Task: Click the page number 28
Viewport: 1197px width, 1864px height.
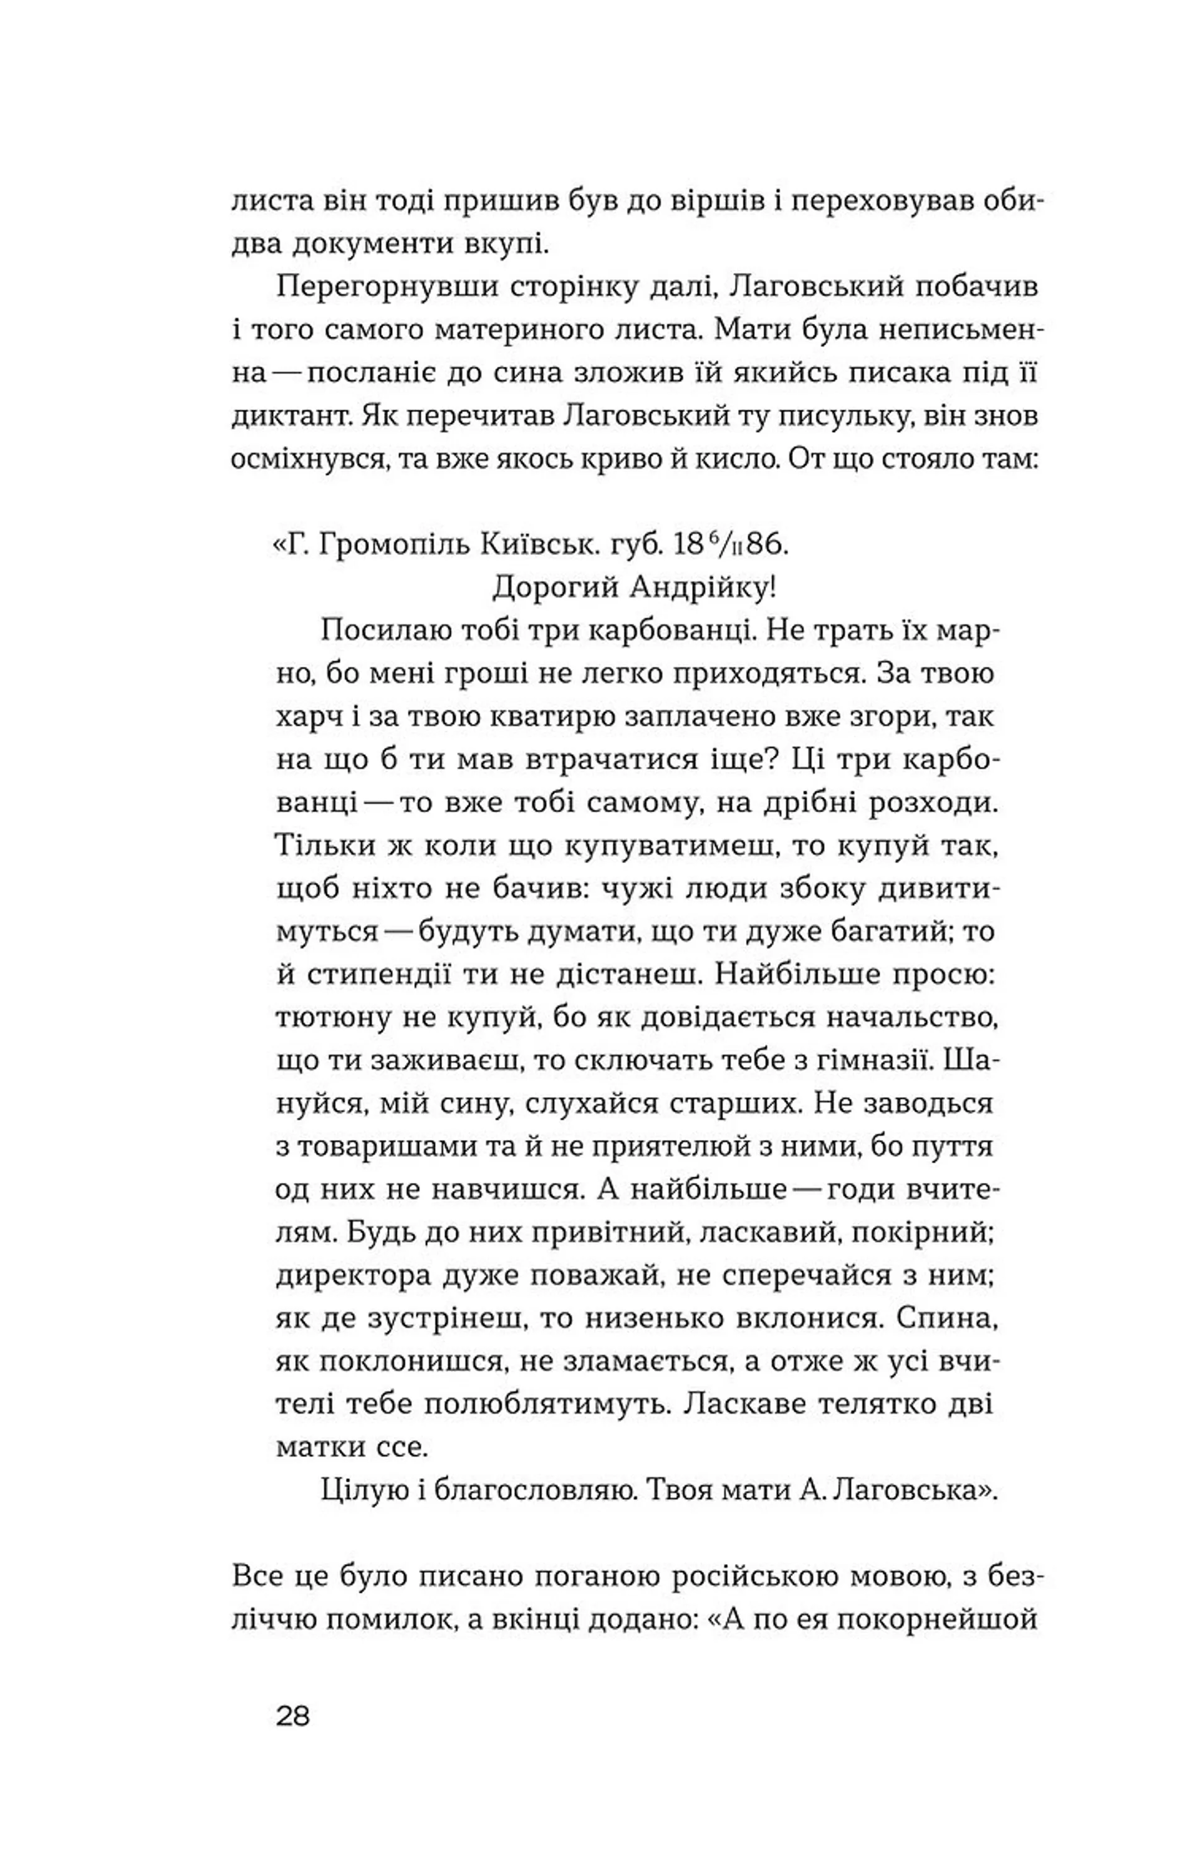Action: pos(293,1716)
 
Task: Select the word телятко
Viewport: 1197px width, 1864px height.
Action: pos(853,1404)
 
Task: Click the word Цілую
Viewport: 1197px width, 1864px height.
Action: pos(363,1490)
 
